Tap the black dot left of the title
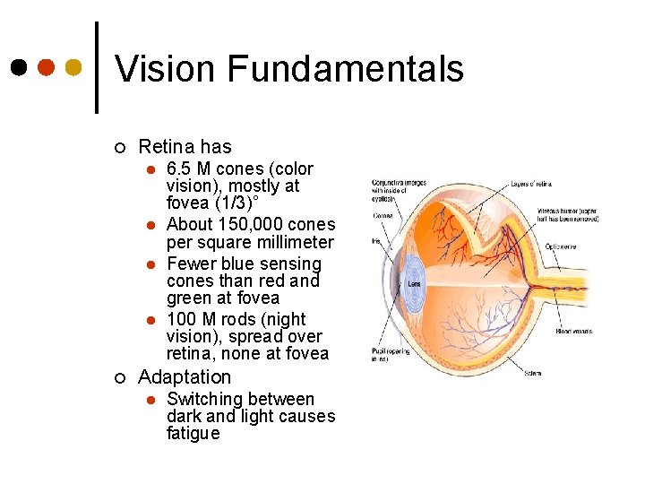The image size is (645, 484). pos(19,67)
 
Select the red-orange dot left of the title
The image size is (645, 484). pos(47,67)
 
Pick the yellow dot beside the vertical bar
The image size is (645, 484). pos(74,67)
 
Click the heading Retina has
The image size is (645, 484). pos(185,147)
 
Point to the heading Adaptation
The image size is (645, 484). pos(185,377)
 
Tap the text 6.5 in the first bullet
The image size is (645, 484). pos(179,169)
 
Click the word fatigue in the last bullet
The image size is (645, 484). pos(193,434)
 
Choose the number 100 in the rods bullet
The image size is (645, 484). pos(180,320)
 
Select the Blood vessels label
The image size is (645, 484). pos(573,331)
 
